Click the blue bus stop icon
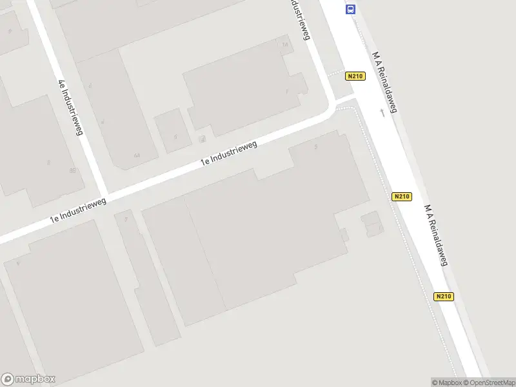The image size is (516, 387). [350, 8]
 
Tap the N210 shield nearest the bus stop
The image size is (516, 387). [355, 76]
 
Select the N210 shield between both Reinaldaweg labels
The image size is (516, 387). [401, 197]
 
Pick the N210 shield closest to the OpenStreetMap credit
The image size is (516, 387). [444, 297]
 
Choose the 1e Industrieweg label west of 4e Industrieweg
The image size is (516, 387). [78, 212]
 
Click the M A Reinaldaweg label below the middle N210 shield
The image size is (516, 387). [436, 236]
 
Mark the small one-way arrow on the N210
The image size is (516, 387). [382, 112]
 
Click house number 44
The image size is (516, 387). [136, 155]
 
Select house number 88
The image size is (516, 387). [72, 170]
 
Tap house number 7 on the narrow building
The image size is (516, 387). [126, 220]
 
